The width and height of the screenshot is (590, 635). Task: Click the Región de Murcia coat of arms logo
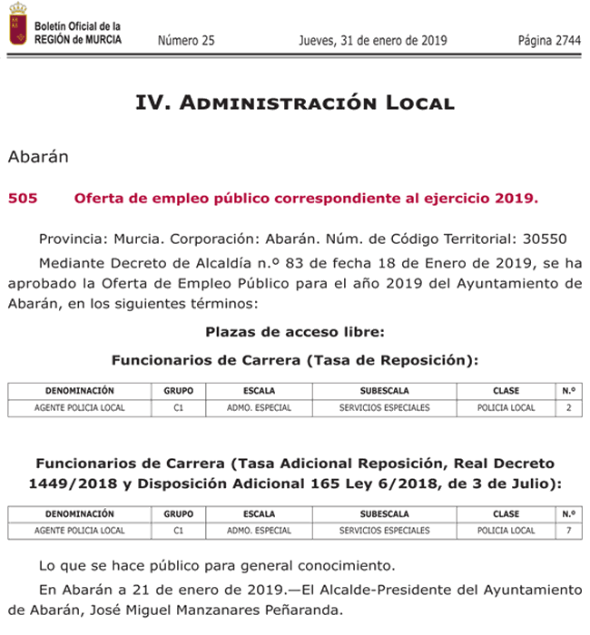click(17, 24)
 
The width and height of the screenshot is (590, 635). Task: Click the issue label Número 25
click(186, 40)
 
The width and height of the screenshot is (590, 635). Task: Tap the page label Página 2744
click(548, 40)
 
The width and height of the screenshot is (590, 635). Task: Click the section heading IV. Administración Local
click(294, 103)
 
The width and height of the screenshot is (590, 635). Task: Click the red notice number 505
click(22, 197)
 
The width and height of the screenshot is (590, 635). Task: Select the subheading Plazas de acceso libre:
click(294, 331)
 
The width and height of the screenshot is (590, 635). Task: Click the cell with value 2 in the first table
click(569, 408)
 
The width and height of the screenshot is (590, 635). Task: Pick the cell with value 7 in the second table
click(569, 531)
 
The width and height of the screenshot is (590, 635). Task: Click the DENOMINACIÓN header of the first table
click(80, 391)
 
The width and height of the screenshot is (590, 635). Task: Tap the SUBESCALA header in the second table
click(384, 513)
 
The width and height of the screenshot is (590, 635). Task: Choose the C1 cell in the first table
click(179, 408)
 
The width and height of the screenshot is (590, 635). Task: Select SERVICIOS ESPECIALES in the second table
click(384, 531)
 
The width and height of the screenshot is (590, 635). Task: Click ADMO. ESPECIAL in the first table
click(260, 408)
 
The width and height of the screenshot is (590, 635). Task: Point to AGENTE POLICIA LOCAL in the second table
click(80, 531)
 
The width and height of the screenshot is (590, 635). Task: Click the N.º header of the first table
click(569, 391)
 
